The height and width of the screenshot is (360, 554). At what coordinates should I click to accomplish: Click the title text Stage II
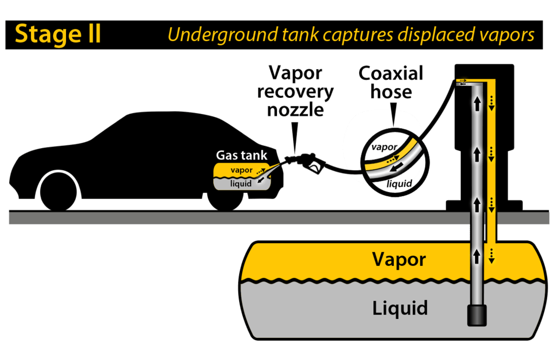tap(57, 34)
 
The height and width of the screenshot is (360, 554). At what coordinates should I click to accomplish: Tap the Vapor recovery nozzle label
tap(295, 91)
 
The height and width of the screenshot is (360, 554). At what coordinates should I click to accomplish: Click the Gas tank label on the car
tap(241, 156)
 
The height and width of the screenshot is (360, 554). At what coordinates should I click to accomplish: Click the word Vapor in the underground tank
tap(399, 259)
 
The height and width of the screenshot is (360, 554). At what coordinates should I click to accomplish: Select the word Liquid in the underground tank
tap(400, 308)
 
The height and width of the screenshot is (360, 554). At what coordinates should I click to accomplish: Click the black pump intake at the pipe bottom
tap(477, 315)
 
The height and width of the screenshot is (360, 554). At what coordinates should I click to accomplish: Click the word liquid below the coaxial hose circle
tap(400, 184)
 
